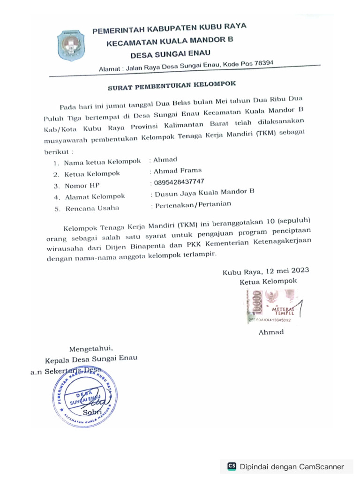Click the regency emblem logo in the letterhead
click(72, 45)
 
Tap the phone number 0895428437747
click(179, 182)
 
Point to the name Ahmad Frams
click(178, 171)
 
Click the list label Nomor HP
click(82, 186)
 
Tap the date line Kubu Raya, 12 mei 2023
click(265, 271)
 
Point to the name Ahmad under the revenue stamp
click(271, 332)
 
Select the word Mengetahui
click(91, 348)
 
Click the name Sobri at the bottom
click(92, 412)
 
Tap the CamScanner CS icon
click(232, 466)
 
